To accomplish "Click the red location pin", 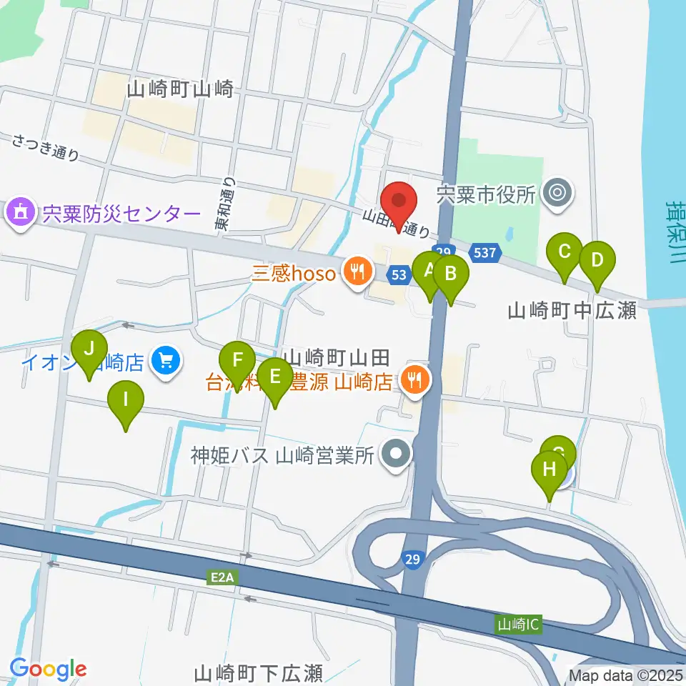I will (x=399, y=202).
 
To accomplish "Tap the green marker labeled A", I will (x=429, y=271).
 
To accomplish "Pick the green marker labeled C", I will (x=565, y=252).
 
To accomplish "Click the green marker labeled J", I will (x=89, y=350).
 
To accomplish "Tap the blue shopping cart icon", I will (x=166, y=361).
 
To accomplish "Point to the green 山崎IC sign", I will (x=518, y=625).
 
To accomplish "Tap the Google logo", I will (x=49, y=668).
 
